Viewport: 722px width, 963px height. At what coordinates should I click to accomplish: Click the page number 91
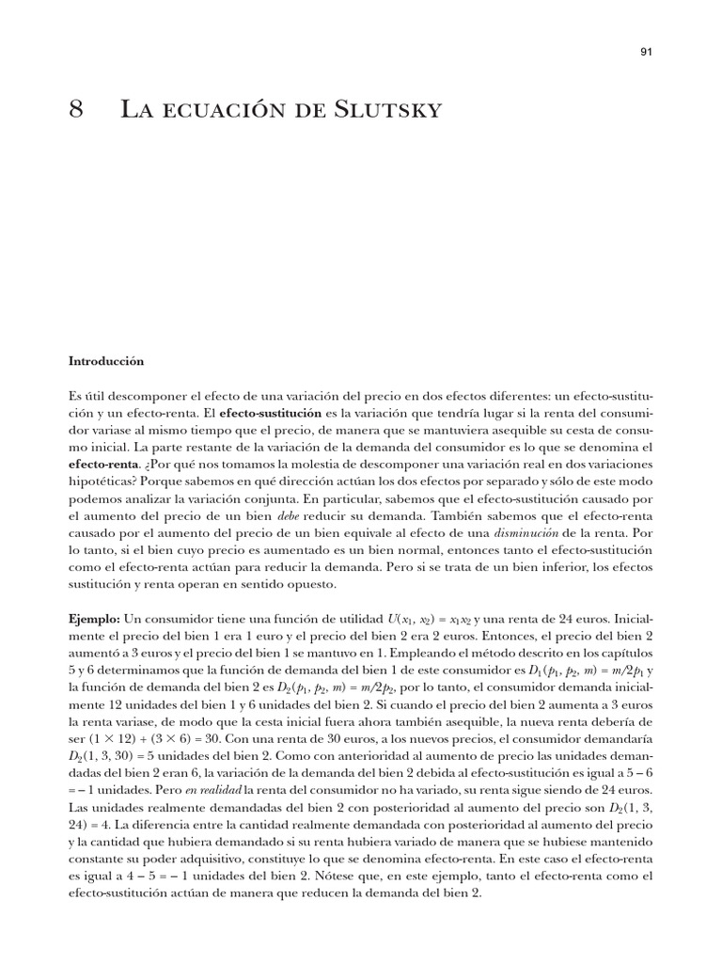646,54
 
